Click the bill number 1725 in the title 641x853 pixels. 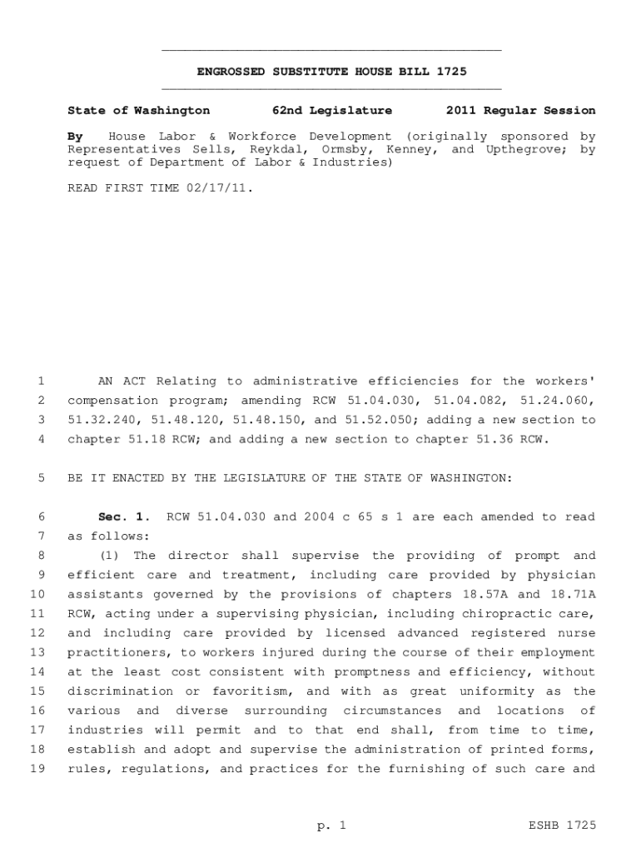coord(452,72)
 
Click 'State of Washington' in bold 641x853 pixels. coord(138,111)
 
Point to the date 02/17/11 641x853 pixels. coord(219,188)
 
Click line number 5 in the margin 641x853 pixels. coord(42,478)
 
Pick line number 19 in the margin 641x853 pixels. coord(38,769)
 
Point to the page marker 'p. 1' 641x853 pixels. coord(331,826)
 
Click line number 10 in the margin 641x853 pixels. coord(38,594)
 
